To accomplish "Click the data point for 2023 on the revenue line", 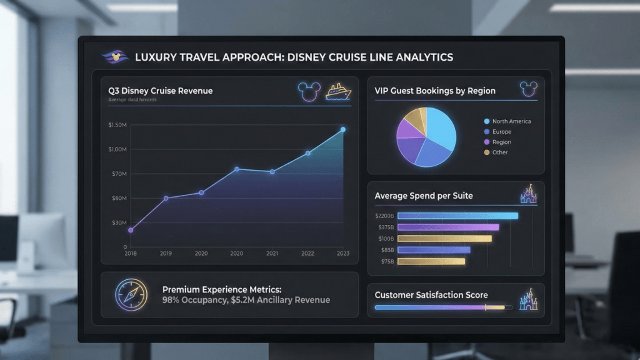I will tap(343, 129).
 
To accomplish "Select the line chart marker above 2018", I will tap(131, 230).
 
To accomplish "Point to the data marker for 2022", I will tap(307, 153).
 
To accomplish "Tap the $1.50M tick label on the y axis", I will tap(117, 126).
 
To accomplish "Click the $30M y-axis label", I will tap(119, 223).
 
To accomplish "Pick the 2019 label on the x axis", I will tap(166, 253).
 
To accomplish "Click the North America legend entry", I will tap(511, 121).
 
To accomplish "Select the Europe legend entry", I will tap(501, 132).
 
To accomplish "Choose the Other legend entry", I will tap(499, 152).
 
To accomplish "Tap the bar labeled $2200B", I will tap(457, 216).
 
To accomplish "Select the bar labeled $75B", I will tap(431, 261).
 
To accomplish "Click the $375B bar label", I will tap(385, 227).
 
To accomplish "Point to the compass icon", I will tap(131, 294).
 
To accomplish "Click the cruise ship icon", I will tap(338, 92).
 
